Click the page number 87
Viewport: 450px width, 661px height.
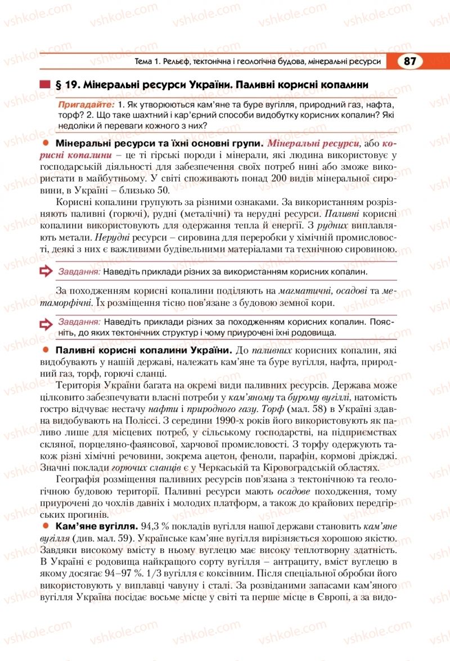pos(409,61)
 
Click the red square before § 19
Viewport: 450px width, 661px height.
pos(45,85)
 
